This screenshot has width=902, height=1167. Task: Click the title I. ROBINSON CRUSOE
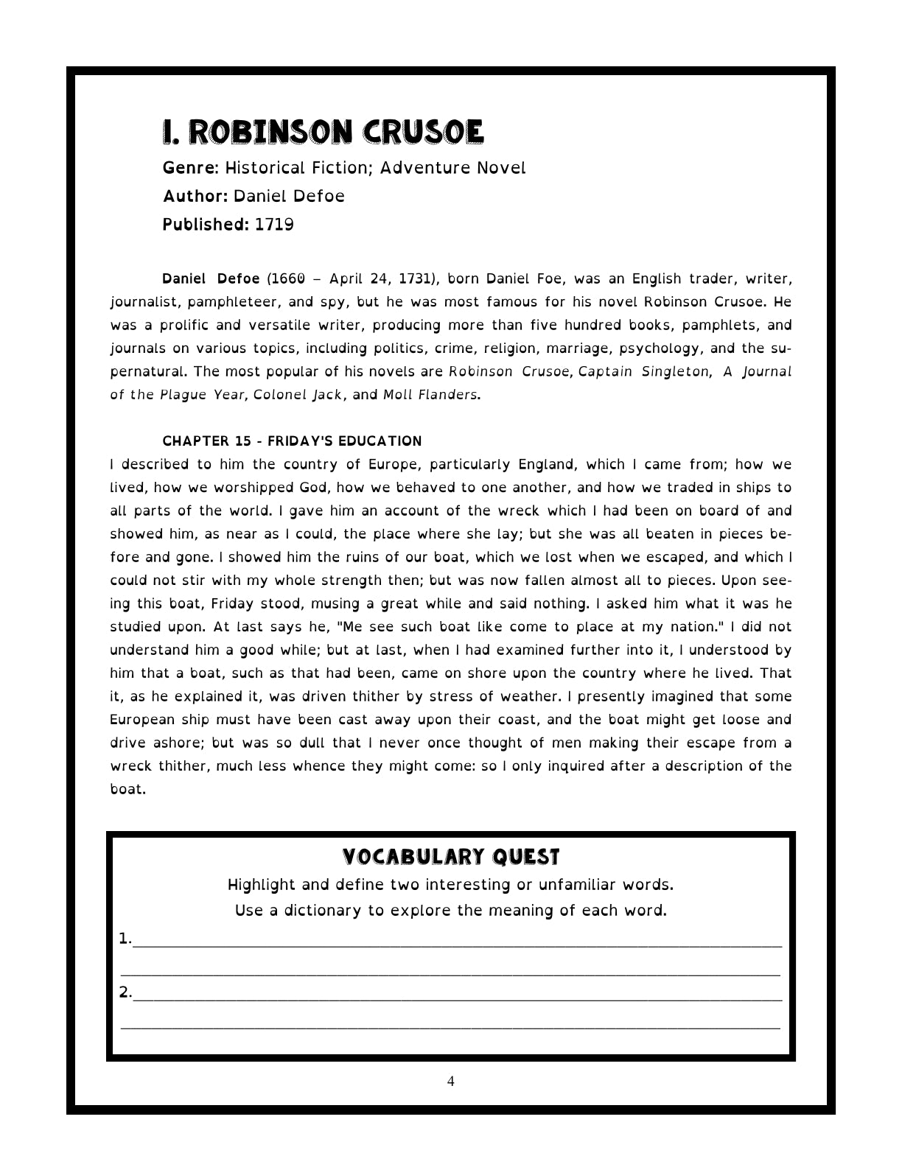click(323, 133)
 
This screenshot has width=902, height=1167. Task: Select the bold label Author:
click(195, 197)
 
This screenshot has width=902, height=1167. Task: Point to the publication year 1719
click(274, 225)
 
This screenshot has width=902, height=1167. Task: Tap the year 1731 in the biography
click(418, 279)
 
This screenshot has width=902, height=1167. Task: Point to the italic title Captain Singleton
click(643, 372)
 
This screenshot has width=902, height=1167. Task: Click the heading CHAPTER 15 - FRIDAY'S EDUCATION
click(292, 441)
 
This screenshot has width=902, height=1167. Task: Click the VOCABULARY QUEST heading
click(451, 858)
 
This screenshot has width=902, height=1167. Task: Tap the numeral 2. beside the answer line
click(125, 992)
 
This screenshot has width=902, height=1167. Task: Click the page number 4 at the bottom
click(451, 1082)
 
